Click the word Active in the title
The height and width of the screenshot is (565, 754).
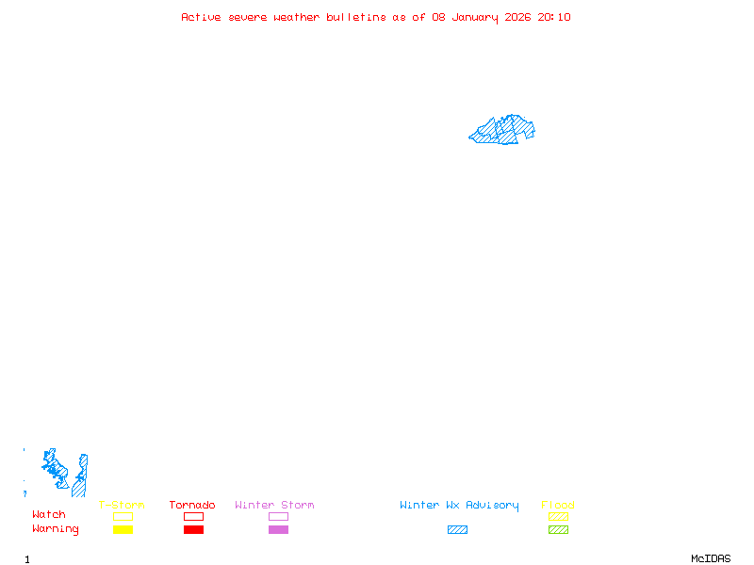pyautogui.click(x=201, y=17)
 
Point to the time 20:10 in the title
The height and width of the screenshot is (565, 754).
pyautogui.click(x=554, y=17)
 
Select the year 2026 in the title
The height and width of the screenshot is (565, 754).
pyautogui.click(x=519, y=17)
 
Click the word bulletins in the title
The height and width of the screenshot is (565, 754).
pyautogui.click(x=356, y=17)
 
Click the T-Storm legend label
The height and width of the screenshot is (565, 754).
pyautogui.click(x=122, y=506)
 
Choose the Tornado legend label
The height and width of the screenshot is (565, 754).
pyautogui.click(x=192, y=506)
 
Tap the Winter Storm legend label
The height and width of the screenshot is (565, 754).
pyautogui.click(x=274, y=506)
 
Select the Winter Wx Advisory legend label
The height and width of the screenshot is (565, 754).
pyautogui.click(x=459, y=506)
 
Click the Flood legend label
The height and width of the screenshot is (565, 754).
pyautogui.click(x=558, y=506)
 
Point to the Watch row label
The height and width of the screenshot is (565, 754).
pyautogui.click(x=49, y=515)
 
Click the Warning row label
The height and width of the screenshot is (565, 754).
pyautogui.click(x=56, y=529)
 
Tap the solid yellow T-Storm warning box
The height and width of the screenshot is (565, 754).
pyautogui.click(x=123, y=530)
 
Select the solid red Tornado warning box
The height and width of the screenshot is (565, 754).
pyautogui.click(x=193, y=530)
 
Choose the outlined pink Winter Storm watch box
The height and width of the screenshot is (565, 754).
pyautogui.click(x=278, y=517)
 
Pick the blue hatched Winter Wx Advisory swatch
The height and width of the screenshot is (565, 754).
pyautogui.click(x=457, y=530)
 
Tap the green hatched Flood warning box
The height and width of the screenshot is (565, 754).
pyautogui.click(x=558, y=530)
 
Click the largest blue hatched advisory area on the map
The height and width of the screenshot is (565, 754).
pyautogui.click(x=504, y=131)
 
